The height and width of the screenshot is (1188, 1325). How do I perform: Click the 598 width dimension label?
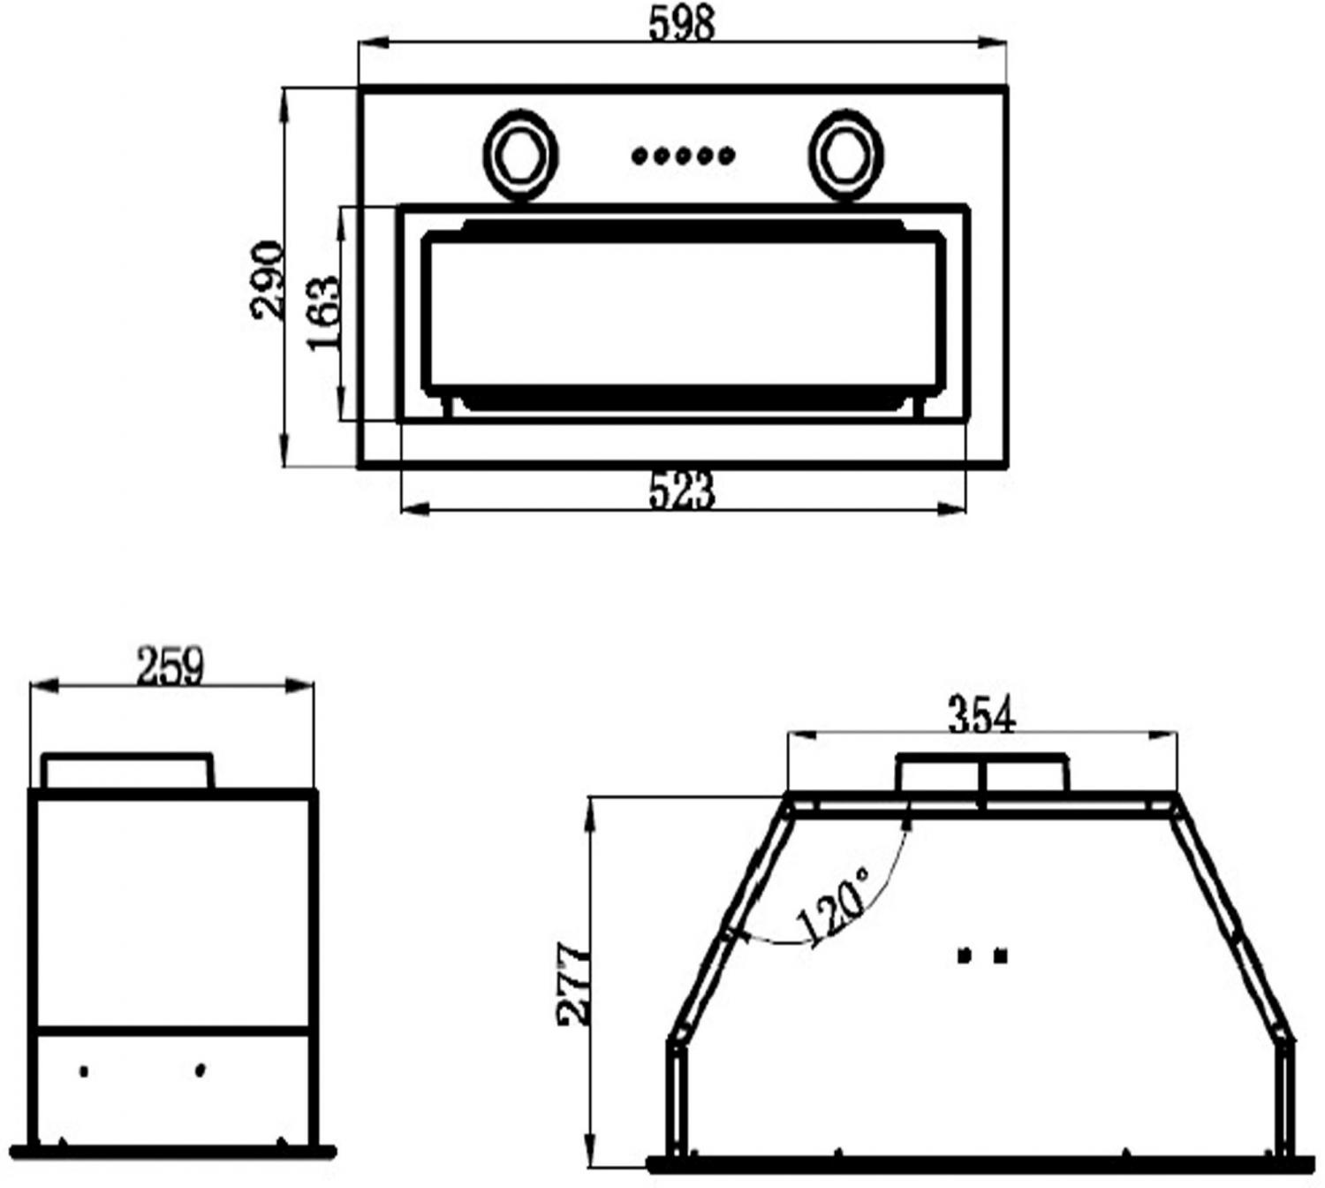(x=681, y=25)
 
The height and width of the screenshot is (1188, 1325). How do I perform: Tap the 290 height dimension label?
(x=268, y=279)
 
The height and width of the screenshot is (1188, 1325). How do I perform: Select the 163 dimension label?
(x=323, y=314)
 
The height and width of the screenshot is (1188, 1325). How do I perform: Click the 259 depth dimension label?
(x=170, y=666)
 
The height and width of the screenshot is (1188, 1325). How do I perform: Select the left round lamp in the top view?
(x=520, y=156)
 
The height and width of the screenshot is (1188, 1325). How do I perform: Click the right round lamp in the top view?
(x=846, y=156)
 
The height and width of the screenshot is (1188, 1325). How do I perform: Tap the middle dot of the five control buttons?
(x=683, y=156)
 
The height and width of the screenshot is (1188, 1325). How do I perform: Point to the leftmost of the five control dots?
(x=640, y=156)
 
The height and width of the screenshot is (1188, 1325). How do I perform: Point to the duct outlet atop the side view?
(x=127, y=772)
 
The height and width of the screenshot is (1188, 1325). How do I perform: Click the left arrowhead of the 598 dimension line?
(x=374, y=42)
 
